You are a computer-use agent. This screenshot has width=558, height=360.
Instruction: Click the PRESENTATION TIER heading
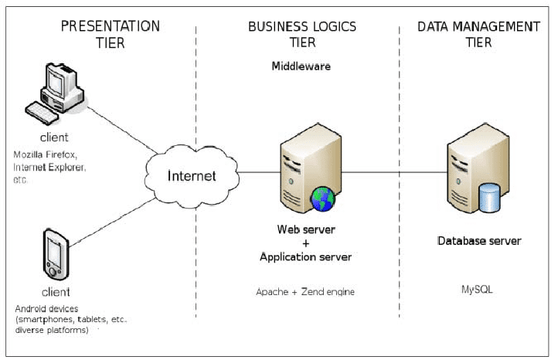[x=110, y=34]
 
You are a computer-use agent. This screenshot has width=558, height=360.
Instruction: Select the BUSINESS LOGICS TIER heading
[x=302, y=34]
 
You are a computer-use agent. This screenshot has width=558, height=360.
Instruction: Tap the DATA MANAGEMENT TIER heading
[x=478, y=34]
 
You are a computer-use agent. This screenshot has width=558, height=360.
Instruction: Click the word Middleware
[x=301, y=66]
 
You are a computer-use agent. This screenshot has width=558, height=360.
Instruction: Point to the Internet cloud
[x=192, y=175]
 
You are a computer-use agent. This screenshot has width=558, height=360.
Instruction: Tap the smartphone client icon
[x=54, y=253]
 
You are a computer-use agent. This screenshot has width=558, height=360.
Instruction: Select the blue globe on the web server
[x=322, y=199]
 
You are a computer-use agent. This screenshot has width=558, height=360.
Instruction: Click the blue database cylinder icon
[x=490, y=198]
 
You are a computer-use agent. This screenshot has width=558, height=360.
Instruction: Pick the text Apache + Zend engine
[x=305, y=293]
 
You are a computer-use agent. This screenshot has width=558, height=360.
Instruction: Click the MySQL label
[x=476, y=290]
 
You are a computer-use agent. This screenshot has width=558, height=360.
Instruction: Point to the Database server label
[x=479, y=241]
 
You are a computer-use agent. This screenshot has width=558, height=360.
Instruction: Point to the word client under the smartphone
[x=55, y=292]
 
